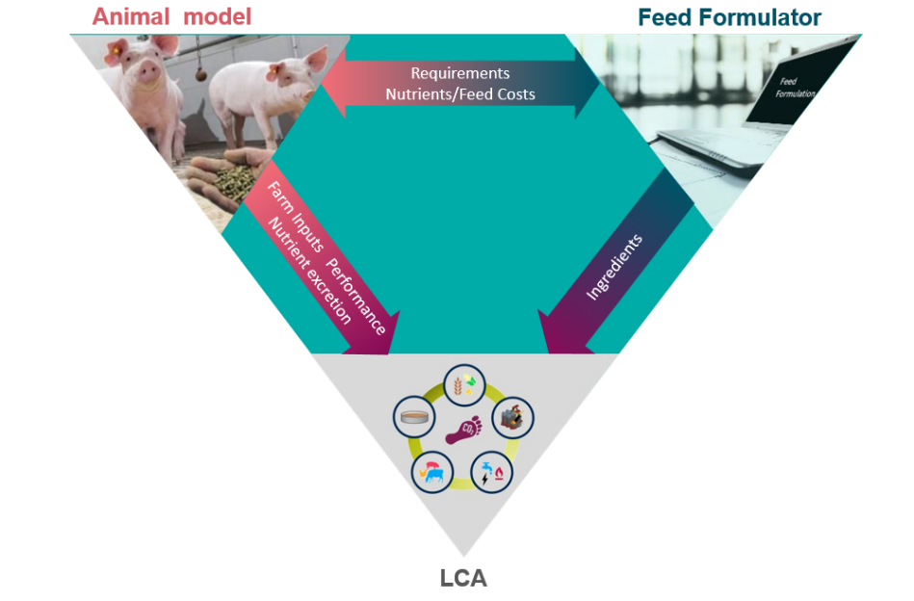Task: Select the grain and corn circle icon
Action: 463,383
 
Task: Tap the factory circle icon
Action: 512,418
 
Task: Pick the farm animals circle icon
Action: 431,473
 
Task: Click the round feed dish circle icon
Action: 412,418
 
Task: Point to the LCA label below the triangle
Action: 463,578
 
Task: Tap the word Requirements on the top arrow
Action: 460,73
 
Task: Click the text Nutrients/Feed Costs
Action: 460,94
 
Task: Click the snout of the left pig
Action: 145,74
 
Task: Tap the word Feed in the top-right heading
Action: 665,16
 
